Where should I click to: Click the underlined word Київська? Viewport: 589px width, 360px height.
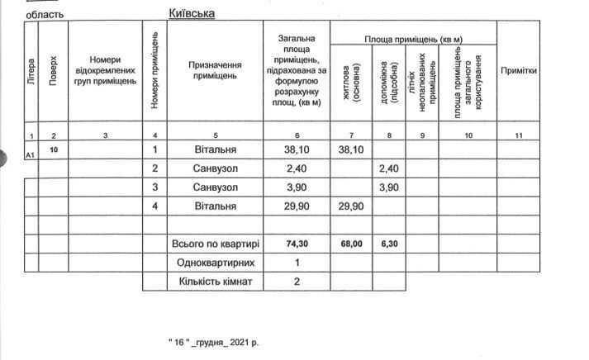coord(192,13)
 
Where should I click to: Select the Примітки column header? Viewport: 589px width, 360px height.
coord(519,71)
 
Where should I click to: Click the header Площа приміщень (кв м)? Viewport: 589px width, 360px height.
coord(413,40)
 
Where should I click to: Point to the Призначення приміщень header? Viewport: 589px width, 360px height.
coord(215,70)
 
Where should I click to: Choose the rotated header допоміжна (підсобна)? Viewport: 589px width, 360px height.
coord(388,82)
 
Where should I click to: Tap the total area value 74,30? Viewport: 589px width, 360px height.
coord(297,244)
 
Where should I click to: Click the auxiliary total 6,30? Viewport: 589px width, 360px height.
coord(388,244)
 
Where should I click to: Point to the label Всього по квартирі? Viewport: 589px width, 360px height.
coord(215,244)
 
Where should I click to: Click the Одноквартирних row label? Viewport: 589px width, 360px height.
coord(215,263)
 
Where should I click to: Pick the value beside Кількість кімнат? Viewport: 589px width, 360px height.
coord(297,282)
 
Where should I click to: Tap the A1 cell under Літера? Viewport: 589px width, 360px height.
coord(31,154)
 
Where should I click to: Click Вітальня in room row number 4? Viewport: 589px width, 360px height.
coord(215,206)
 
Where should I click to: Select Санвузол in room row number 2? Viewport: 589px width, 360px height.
coord(215,168)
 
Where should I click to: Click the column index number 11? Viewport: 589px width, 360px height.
coord(519,135)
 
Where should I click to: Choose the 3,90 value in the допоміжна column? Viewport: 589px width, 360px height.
coord(388,187)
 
